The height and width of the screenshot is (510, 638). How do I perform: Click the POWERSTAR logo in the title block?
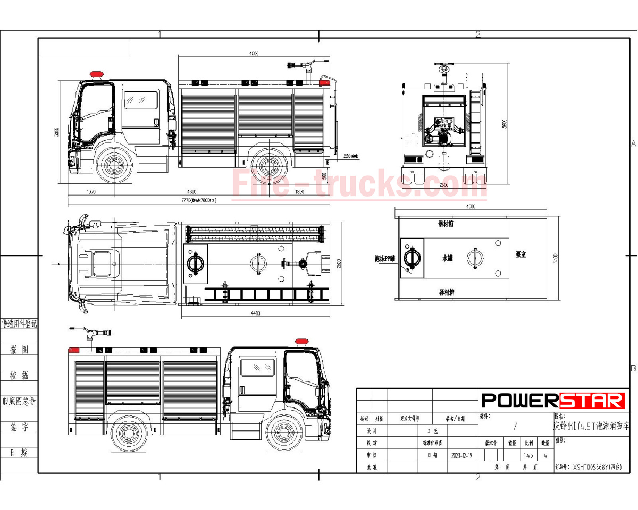pyautogui.click(x=553, y=400)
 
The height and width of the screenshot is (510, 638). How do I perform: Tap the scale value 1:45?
pyautogui.click(x=528, y=456)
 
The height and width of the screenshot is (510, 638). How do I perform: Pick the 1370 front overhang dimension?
pyautogui.click(x=90, y=192)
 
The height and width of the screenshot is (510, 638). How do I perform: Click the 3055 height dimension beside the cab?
pyautogui.click(x=57, y=132)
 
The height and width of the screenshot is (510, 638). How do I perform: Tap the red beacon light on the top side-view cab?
pyautogui.click(x=96, y=74)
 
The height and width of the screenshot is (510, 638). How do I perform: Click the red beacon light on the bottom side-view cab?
pyautogui.click(x=301, y=341)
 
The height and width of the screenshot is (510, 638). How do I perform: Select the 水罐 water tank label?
pyautogui.click(x=448, y=258)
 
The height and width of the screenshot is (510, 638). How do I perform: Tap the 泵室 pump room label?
pyautogui.click(x=521, y=254)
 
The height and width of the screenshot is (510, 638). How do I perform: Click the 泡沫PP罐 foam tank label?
pyautogui.click(x=385, y=258)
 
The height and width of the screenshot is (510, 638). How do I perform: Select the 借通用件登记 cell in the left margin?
pyautogui.click(x=19, y=324)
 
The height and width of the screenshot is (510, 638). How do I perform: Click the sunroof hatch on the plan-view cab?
pyautogui.click(x=102, y=264)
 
